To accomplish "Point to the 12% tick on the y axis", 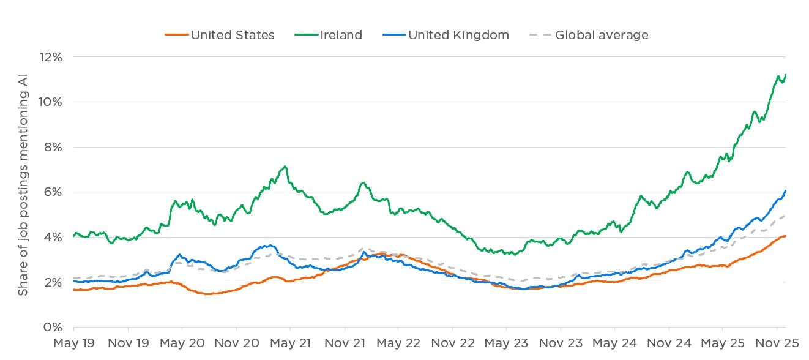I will tap(51, 57).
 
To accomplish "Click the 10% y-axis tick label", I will tap(51, 102).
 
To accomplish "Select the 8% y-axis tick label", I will tap(54, 147).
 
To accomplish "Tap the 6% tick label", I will tap(54, 192).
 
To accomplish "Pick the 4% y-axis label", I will tap(54, 238).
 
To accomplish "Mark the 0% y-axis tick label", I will tap(54, 328).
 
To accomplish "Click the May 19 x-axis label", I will tap(73, 343).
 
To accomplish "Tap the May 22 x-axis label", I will tap(398, 343).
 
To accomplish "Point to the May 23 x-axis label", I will tap(506, 343).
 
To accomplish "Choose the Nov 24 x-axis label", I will tap(669, 343).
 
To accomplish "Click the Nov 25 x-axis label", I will tap(777, 343).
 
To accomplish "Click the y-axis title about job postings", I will tap(23, 192).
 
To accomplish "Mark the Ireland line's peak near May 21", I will tap(285, 167).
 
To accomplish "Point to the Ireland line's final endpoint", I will tap(786, 75).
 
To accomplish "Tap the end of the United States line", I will tap(786, 236).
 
